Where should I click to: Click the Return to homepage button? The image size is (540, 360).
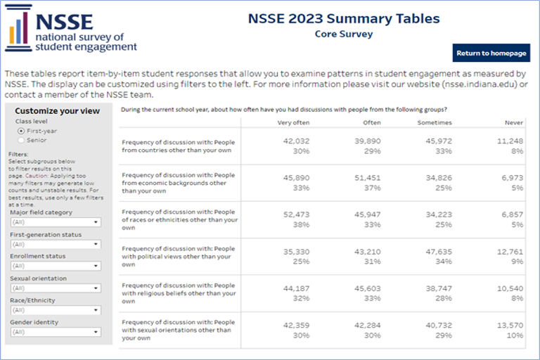click(x=491, y=53)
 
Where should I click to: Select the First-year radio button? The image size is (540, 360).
click(x=21, y=131)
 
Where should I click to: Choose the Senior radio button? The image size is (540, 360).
click(x=21, y=140)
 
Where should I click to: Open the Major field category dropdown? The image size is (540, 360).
click(x=56, y=222)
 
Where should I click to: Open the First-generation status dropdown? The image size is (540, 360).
click(x=56, y=244)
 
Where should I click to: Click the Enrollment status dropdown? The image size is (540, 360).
click(x=56, y=266)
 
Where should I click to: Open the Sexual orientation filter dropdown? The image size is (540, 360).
click(x=56, y=288)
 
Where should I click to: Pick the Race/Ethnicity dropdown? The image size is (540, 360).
click(x=56, y=310)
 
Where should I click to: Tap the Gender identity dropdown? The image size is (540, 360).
click(x=56, y=332)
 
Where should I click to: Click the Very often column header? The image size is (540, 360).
click(x=294, y=123)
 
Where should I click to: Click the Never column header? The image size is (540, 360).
click(x=513, y=123)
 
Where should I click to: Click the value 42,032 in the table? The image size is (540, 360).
click(x=295, y=141)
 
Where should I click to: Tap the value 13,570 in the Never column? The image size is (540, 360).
click(x=510, y=325)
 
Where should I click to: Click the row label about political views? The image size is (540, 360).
click(x=179, y=256)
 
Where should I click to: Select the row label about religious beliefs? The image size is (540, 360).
click(x=179, y=293)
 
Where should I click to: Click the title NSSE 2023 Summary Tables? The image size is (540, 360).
click(x=344, y=19)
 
